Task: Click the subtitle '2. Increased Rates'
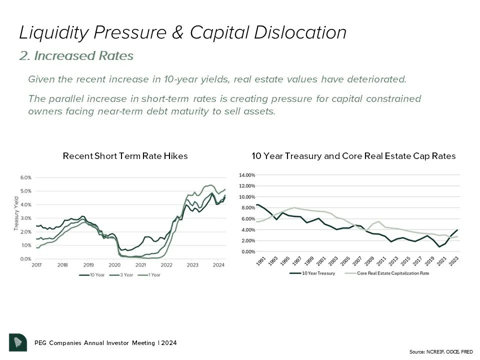click(76, 56)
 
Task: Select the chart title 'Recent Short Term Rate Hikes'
click(125, 156)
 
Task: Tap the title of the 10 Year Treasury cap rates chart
click(353, 156)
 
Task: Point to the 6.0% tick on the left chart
click(25, 177)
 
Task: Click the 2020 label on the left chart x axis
click(114, 265)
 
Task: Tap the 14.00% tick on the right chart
click(247, 175)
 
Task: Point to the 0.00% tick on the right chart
click(248, 251)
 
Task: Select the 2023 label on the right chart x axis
click(454, 262)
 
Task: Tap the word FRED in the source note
click(466, 352)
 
